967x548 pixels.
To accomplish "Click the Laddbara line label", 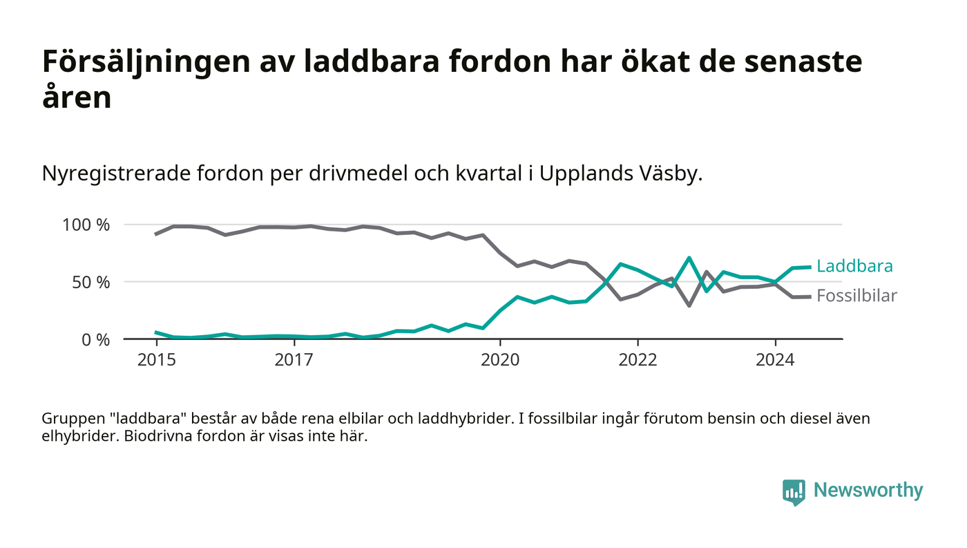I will [854, 266].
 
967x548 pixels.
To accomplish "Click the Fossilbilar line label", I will [856, 296].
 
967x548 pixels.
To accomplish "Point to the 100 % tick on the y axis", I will [86, 225].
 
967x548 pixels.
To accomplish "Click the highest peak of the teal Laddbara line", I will [689, 258].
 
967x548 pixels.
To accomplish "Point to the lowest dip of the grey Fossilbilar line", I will [689, 305].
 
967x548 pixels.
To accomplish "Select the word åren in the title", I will [77, 97].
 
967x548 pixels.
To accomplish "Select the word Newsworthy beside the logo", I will [868, 490].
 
